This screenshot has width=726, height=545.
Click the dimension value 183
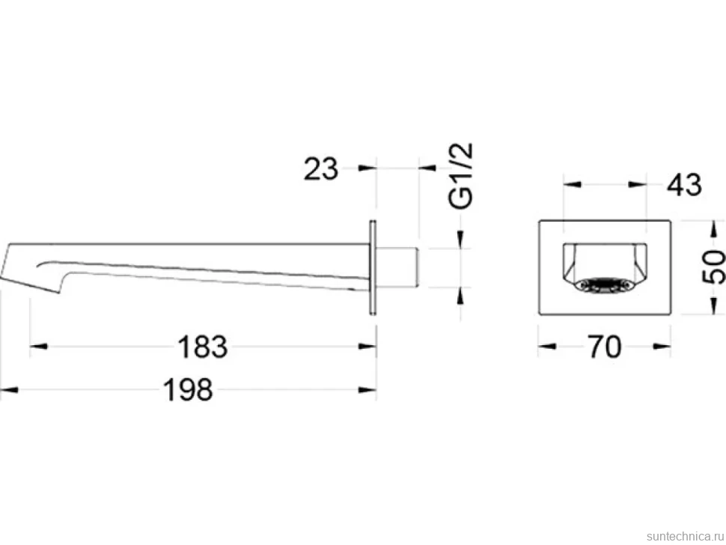tap(203, 347)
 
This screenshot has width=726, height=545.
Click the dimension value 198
tap(188, 390)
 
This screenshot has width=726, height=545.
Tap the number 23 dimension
tap(321, 168)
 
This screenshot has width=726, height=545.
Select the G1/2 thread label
tap(462, 176)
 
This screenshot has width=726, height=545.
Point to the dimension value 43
tap(684, 185)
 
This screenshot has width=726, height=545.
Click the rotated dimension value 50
tap(714, 267)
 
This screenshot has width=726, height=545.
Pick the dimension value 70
tap(604, 347)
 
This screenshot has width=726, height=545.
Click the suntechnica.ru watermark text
tap(685, 536)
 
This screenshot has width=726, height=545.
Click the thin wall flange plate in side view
tap(373, 268)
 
